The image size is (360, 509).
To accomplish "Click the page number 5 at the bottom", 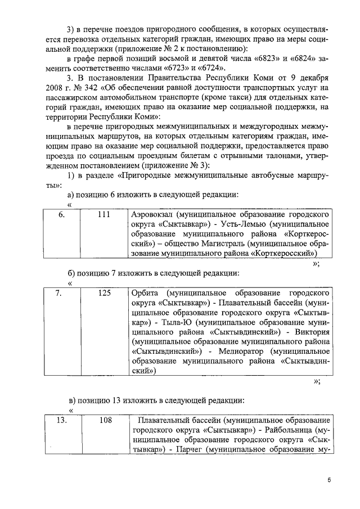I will click(330, 480).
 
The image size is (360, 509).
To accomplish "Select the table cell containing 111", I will click(103, 214).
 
